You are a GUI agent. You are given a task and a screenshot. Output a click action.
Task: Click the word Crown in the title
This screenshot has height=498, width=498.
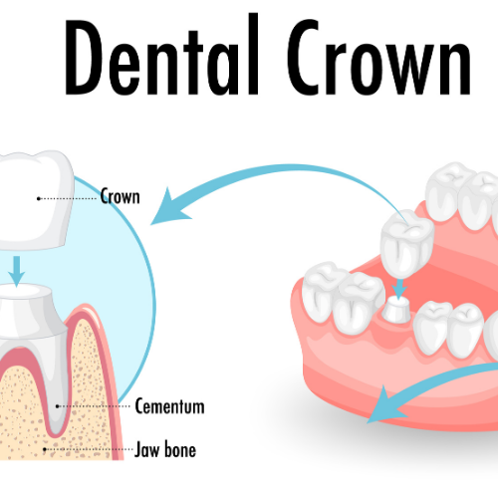tap(378, 57)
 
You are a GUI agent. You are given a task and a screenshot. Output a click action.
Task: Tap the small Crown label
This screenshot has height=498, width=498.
tap(121, 196)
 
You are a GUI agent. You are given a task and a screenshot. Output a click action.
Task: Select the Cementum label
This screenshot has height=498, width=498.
tap(169, 405)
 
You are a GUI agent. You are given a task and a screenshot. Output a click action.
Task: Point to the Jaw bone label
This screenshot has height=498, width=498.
tap(165, 450)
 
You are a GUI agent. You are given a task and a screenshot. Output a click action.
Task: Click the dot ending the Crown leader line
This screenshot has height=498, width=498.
tap(39, 198)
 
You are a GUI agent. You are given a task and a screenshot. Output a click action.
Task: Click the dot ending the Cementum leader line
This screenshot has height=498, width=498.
tap(58, 406)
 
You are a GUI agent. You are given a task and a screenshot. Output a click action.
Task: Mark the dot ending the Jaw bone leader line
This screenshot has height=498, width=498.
tap(45, 449)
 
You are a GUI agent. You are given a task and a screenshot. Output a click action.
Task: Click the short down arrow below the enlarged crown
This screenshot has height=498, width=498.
tap(16, 271)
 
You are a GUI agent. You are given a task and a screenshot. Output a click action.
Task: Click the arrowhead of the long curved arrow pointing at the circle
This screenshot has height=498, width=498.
tap(170, 207)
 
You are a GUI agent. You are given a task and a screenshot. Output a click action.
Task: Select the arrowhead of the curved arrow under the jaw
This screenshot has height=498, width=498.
tap(385, 405)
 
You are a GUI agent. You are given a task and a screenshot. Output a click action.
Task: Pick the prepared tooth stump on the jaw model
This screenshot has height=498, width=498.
tap(397, 310)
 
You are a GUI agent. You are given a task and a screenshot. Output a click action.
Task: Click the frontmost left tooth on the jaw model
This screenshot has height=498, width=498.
tap(322, 292)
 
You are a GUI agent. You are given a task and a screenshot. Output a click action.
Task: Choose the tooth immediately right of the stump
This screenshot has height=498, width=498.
tap(431, 327)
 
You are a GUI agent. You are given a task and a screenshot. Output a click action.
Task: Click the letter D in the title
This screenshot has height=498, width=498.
tap(84, 57)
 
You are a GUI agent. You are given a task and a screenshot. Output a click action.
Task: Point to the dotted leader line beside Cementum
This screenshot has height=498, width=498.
tap(94, 406)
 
